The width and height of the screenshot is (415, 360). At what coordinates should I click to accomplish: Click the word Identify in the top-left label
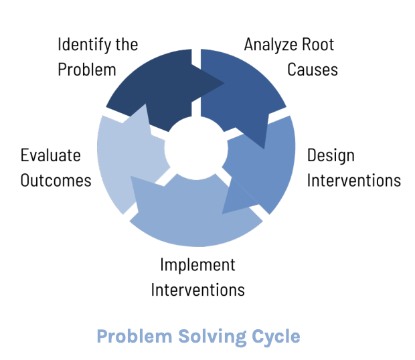(x=79, y=46)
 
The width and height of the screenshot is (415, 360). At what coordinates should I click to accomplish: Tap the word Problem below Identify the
(x=87, y=70)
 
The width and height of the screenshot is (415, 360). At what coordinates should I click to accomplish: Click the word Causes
(x=313, y=70)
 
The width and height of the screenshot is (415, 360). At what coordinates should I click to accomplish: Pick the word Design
(x=331, y=156)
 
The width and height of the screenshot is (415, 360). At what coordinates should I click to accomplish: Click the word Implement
(x=197, y=265)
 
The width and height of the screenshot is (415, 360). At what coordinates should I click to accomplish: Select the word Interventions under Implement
(x=197, y=290)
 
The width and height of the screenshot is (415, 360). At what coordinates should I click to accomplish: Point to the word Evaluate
(x=50, y=156)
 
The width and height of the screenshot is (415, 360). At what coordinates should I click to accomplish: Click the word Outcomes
(x=56, y=181)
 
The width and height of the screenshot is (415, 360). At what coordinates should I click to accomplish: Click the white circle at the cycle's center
(x=195, y=149)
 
